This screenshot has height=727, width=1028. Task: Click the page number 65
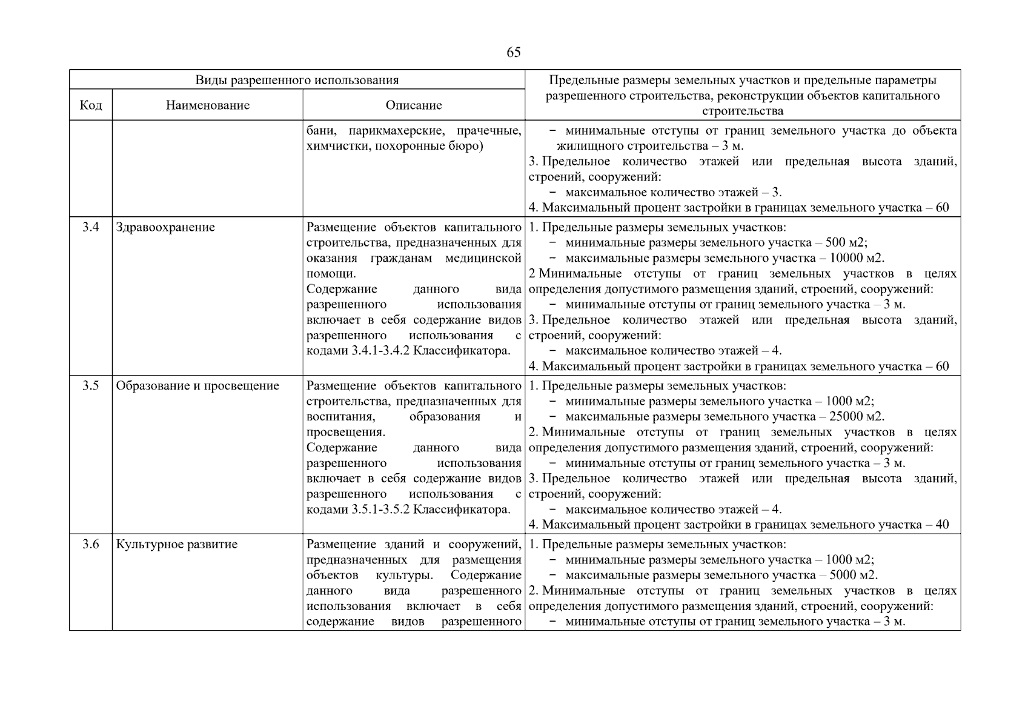[x=513, y=53]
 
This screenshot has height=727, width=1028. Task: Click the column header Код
[x=91, y=105]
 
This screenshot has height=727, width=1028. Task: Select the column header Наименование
[x=207, y=105]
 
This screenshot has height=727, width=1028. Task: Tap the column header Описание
[x=414, y=105]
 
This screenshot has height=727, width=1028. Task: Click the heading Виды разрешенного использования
[x=297, y=80]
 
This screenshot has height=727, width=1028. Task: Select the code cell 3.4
[x=91, y=228]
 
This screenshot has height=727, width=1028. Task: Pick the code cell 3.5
[x=91, y=386]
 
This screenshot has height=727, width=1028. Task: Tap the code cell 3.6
[x=91, y=544]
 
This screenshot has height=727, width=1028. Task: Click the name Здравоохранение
[x=165, y=228]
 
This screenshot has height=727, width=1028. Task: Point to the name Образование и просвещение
[x=197, y=386]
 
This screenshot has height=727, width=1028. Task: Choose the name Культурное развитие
[x=177, y=544]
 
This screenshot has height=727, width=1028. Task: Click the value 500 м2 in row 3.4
[x=850, y=243]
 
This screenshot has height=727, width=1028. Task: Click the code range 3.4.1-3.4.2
[x=380, y=351]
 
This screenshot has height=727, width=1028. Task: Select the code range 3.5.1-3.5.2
[x=380, y=510]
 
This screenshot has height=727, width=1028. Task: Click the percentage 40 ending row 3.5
[x=942, y=525]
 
